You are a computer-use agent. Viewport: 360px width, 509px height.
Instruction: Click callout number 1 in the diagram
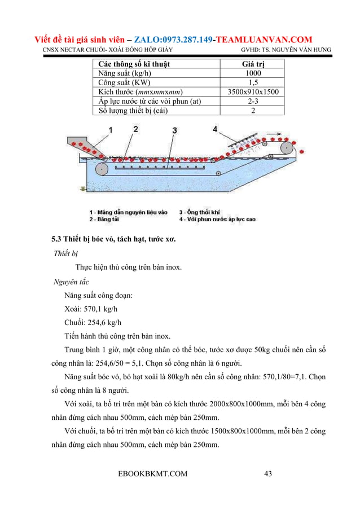[x=110, y=130]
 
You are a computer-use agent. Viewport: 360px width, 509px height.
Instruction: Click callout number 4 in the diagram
[x=215, y=129]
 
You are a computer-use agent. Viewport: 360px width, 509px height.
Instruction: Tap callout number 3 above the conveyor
[x=175, y=130]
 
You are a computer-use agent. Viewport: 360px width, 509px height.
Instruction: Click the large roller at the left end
[x=102, y=168]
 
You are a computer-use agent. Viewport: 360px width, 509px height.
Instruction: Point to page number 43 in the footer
[x=269, y=473]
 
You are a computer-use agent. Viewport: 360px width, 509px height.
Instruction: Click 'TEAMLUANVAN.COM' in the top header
[x=265, y=40]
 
